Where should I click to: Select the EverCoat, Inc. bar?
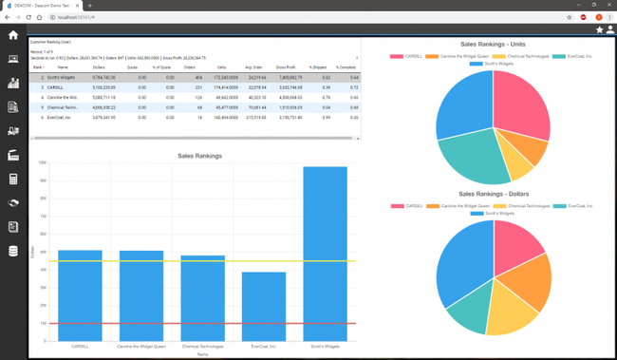coord(264,304)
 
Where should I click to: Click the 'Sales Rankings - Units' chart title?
coord(493,44)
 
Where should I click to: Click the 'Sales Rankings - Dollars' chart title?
coord(493,194)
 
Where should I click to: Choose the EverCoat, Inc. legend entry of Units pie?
coord(575,56)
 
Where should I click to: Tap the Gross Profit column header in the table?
coord(286,67)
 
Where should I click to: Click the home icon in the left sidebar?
coord(13,35)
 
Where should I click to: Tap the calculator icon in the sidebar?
coord(13,180)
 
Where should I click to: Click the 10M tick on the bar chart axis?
coord(43,162)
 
